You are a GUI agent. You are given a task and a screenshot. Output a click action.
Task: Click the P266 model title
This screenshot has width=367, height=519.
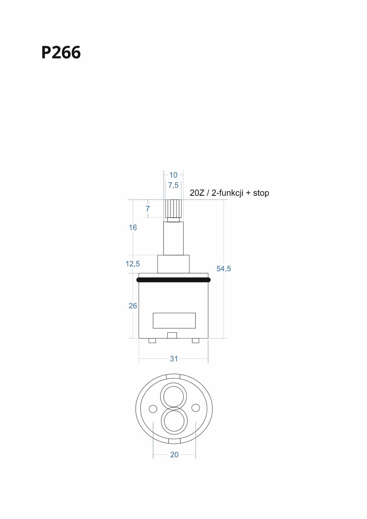pos(61,52)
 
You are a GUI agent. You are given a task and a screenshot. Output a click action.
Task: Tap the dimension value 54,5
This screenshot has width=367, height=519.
pos(224,269)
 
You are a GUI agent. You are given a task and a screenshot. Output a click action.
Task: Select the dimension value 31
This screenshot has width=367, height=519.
pos(174,359)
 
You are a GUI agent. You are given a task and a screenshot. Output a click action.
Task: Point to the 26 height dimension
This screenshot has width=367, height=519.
pos(133,306)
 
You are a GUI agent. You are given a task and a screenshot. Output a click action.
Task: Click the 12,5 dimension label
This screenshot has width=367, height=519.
pos(133,264)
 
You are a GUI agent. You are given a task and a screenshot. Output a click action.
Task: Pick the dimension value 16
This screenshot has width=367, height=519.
pos(133,227)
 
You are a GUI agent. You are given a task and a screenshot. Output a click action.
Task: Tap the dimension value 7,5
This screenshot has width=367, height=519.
pos(173,185)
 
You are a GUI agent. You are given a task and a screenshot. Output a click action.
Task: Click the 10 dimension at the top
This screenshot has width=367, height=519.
pos(173,175)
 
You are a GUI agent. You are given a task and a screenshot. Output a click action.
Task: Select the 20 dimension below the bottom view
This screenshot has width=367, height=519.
pos(174,455)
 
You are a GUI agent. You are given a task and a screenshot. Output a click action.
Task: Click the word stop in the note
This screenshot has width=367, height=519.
pos(261,193)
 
